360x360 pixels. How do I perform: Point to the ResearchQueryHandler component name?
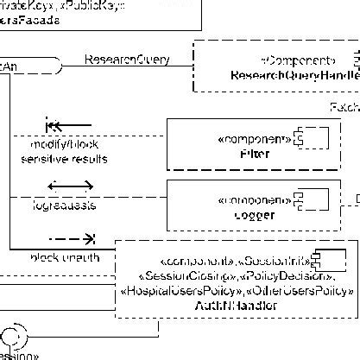pos(294,76)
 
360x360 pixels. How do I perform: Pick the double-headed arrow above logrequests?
pos(70,186)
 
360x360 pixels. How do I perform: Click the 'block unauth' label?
pos(65,258)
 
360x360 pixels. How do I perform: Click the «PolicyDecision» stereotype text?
pos(290,275)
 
